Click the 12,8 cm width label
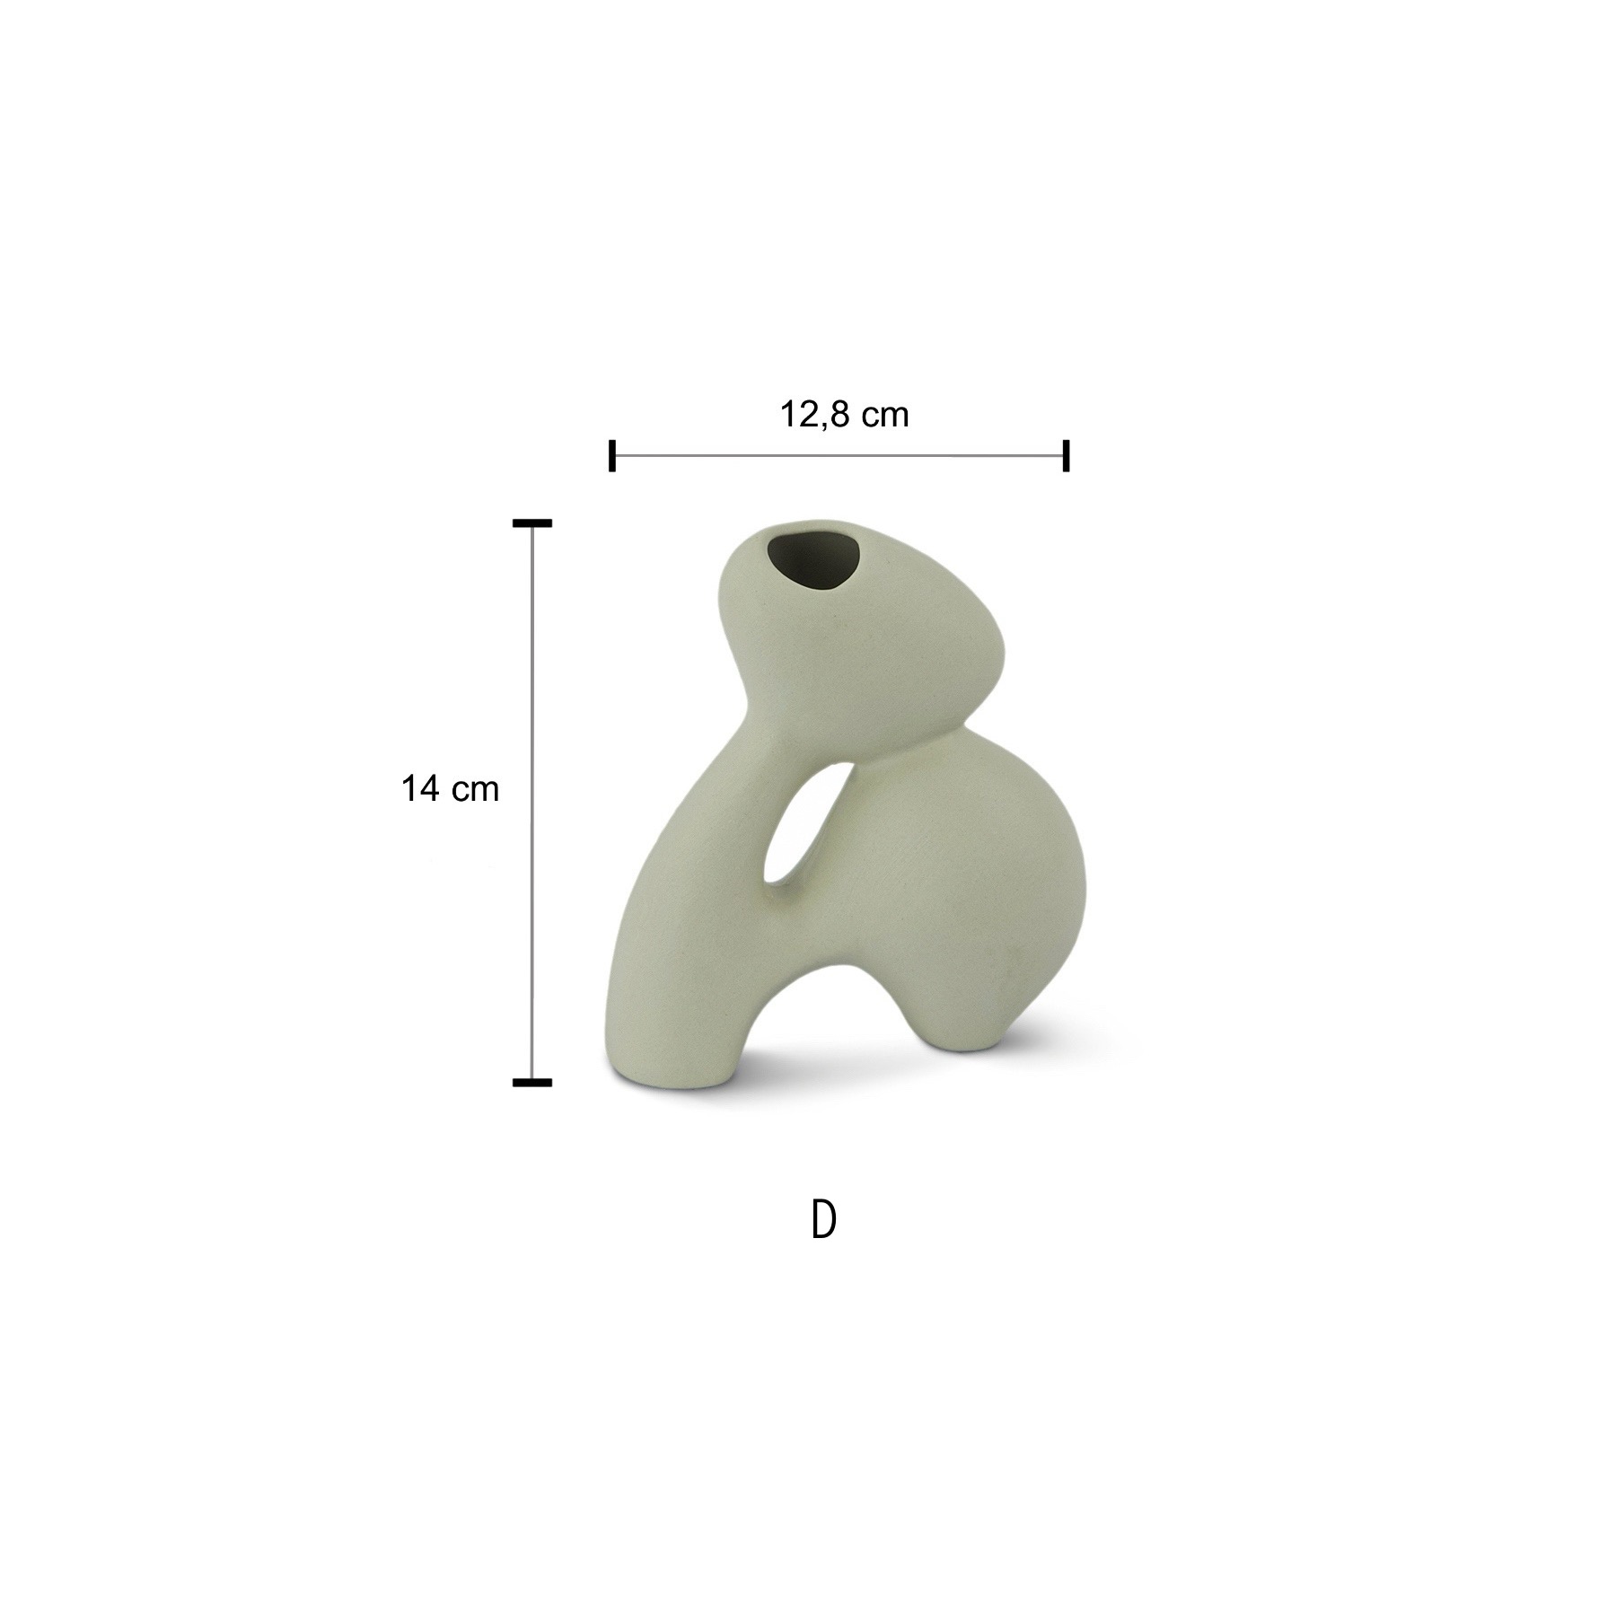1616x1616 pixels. click(844, 415)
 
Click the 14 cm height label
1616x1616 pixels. click(450, 789)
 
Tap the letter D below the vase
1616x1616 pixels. click(823, 1220)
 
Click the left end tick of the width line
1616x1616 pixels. click(612, 455)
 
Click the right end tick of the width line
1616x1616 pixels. click(1066, 455)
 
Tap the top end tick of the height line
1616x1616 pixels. click(532, 523)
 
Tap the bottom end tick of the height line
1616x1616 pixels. click(532, 1083)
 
